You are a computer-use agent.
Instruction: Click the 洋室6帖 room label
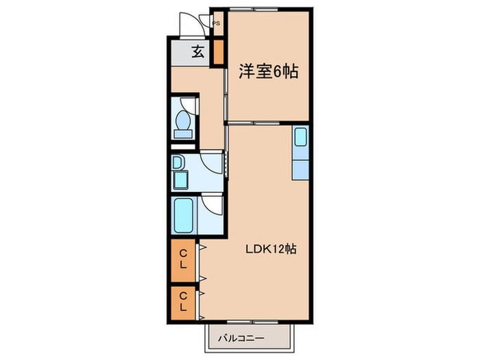[x=268, y=71]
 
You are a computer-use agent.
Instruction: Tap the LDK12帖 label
[x=271, y=250]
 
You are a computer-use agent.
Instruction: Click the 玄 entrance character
[x=197, y=51]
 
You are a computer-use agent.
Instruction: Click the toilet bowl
[x=183, y=123]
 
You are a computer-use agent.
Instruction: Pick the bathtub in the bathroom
[x=183, y=216]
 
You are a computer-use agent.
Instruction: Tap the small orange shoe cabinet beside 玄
[x=218, y=52]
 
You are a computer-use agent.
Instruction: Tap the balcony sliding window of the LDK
[x=254, y=321]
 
